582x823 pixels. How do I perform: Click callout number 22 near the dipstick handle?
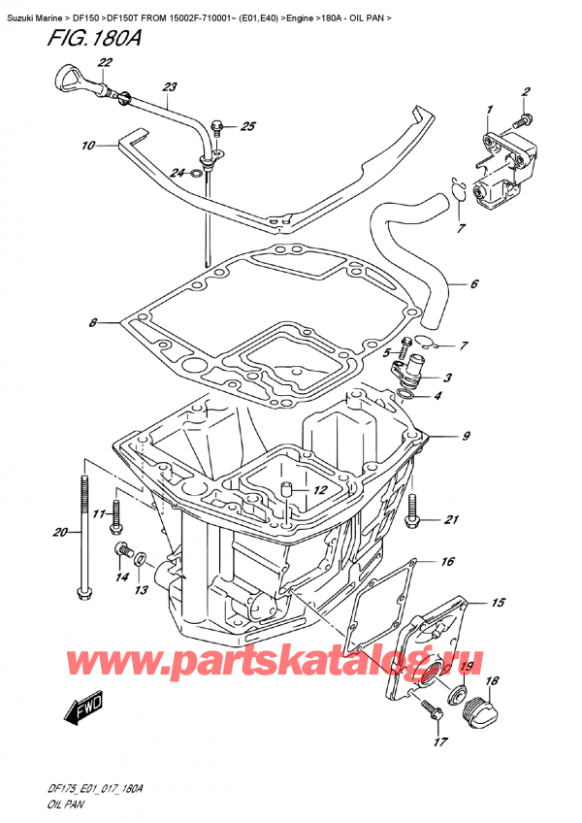105,63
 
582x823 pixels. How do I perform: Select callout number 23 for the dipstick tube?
171,87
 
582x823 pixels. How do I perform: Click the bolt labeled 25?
216,126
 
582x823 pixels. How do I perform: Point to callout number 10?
87,147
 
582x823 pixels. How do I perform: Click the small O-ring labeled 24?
197,174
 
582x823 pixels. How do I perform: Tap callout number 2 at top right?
526,92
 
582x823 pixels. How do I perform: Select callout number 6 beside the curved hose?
474,284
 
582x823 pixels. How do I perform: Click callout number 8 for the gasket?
92,322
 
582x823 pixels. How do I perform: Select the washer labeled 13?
142,561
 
